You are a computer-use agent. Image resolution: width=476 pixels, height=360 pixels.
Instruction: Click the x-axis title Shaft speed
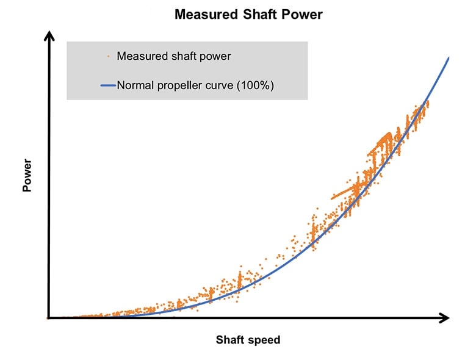coord(248,340)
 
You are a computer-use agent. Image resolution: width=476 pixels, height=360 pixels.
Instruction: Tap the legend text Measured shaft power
coord(173,56)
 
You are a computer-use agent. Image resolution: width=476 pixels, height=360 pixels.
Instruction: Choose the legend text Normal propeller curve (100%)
coord(195,85)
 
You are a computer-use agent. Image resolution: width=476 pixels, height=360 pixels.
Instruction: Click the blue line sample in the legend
coord(107,85)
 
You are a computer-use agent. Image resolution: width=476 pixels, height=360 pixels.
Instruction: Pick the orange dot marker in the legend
coord(107,56)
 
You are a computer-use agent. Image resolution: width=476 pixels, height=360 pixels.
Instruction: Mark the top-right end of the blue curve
coord(449,58)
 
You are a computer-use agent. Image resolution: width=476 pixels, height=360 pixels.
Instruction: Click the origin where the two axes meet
coord(48,317)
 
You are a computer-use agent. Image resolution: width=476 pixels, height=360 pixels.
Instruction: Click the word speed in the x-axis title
coord(264,340)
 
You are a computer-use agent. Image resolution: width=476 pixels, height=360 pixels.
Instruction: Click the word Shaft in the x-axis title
coord(230,340)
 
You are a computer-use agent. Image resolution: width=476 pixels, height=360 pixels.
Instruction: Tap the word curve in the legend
coord(217,85)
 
